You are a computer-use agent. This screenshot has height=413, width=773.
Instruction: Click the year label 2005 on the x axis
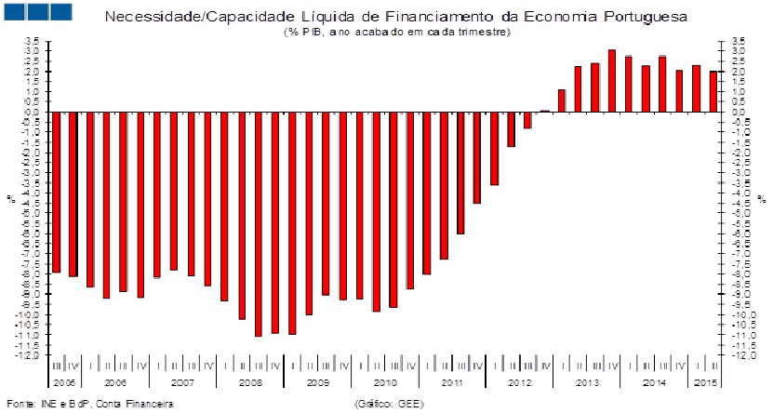(64, 382)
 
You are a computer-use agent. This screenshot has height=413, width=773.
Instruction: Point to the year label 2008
(250, 382)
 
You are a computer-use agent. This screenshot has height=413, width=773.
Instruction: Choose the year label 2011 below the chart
(451, 382)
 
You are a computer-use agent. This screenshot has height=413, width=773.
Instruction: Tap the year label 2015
(705, 382)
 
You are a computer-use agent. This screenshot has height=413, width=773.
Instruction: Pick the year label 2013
(586, 382)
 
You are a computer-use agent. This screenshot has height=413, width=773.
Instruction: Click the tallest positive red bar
(612, 81)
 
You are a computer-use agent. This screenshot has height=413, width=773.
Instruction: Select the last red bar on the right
(713, 92)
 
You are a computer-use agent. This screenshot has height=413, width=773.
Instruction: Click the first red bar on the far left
(56, 192)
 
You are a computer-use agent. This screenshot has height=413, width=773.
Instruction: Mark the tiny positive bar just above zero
(545, 111)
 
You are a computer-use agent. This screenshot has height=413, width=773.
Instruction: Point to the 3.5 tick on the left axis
(31, 41)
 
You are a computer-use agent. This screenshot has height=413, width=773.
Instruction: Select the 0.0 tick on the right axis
(740, 112)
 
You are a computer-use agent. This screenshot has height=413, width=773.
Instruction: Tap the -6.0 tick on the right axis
(740, 233)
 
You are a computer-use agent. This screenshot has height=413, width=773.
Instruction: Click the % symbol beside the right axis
(761, 198)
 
